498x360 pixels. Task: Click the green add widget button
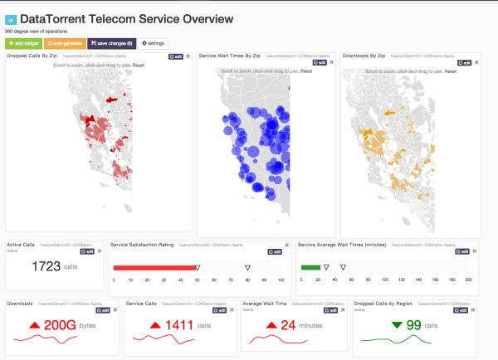click(22, 41)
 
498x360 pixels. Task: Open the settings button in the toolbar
click(154, 41)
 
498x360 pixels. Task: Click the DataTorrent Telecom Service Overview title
click(126, 18)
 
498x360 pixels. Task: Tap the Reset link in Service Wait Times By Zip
click(306, 71)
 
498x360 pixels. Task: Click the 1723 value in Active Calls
click(48, 266)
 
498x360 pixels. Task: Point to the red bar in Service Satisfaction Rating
click(154, 267)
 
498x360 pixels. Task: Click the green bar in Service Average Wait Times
click(310, 267)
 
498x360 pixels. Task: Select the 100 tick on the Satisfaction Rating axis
click(281, 281)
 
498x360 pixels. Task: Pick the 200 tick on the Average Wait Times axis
click(467, 281)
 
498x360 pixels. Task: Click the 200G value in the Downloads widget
click(60, 325)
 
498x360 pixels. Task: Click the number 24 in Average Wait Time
click(287, 325)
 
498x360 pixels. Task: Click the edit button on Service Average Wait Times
click(462, 251)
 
